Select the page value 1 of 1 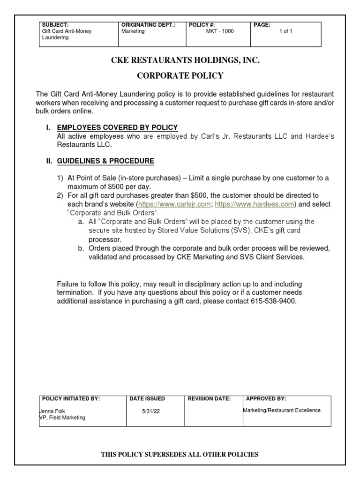286,31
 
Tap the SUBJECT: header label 55,24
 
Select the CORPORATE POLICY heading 180,75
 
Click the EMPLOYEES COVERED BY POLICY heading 117,127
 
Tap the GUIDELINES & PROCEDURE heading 105,161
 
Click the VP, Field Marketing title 62,417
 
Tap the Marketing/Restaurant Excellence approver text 281,410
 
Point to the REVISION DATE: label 209,399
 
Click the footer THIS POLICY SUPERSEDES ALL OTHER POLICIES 180,454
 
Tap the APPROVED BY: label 266,399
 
